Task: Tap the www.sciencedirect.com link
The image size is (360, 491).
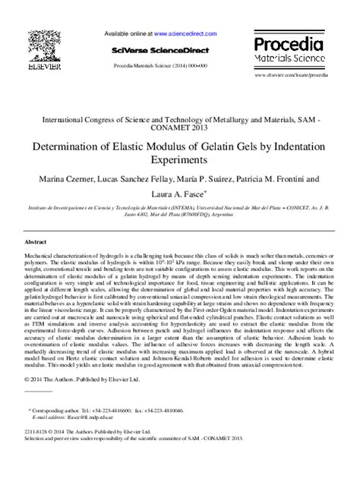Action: click(x=185, y=34)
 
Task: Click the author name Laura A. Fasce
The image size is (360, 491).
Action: click(x=179, y=194)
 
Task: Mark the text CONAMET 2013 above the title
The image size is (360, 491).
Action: click(x=180, y=129)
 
